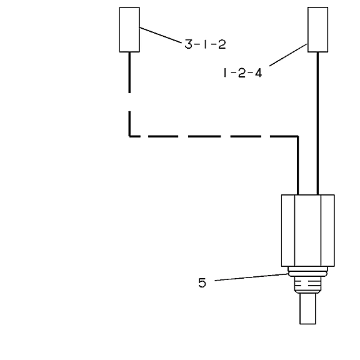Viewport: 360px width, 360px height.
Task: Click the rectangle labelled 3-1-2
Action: (x=129, y=29)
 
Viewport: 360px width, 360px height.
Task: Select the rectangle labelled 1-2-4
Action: (x=317, y=29)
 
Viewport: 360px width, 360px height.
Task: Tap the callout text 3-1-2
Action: (x=205, y=44)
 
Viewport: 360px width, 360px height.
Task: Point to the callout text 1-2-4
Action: (x=242, y=73)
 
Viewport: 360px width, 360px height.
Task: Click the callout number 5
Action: (x=202, y=282)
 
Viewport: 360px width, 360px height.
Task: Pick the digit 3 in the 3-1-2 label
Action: (x=188, y=44)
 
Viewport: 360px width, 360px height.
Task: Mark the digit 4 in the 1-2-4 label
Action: (x=258, y=73)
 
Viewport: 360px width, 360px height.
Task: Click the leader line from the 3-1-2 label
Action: (x=161, y=35)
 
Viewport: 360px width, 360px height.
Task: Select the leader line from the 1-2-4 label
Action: (x=288, y=55)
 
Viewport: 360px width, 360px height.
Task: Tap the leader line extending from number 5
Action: (x=251, y=277)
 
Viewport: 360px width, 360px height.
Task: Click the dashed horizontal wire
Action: (x=214, y=136)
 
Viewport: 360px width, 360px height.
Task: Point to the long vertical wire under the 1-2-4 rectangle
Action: (x=317, y=124)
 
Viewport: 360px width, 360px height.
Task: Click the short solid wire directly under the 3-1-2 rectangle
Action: (x=129, y=72)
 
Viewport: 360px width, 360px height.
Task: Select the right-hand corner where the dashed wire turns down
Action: (x=297, y=136)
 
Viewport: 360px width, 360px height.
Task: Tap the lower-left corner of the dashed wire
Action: (x=130, y=136)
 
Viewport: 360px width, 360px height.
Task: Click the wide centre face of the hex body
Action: (x=307, y=231)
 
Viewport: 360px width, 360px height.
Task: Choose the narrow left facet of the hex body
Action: (x=288, y=231)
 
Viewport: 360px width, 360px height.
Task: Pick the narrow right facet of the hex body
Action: (x=327, y=231)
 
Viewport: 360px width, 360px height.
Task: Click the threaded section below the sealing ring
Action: (x=307, y=285)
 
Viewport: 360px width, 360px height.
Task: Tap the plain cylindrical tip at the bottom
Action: (x=307, y=309)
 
